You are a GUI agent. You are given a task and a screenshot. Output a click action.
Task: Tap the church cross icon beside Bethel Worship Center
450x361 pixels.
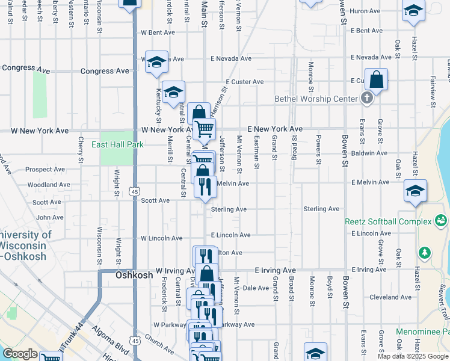pyautogui.click(x=367, y=98)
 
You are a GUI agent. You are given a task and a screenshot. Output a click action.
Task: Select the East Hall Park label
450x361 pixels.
pyautogui.click(x=118, y=144)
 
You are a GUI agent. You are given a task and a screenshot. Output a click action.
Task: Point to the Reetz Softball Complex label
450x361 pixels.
pyautogui.click(x=388, y=221)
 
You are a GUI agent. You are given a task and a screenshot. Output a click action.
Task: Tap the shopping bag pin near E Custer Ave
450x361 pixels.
pyautogui.click(x=376, y=81)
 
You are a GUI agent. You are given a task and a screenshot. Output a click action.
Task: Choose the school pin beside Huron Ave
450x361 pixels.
pyautogui.click(x=413, y=11)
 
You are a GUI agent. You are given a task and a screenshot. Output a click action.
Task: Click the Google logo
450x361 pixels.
pyautogui.click(x=20, y=354)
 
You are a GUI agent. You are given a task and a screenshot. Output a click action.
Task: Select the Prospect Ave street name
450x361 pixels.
pyautogui.click(x=45, y=170)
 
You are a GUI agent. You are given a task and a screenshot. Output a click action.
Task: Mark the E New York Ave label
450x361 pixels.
pyautogui.click(x=275, y=129)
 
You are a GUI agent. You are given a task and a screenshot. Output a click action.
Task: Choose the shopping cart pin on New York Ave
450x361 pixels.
pyautogui.click(x=205, y=128)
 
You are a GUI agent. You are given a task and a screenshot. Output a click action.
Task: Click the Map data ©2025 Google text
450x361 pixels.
pyautogui.click(x=413, y=356)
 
